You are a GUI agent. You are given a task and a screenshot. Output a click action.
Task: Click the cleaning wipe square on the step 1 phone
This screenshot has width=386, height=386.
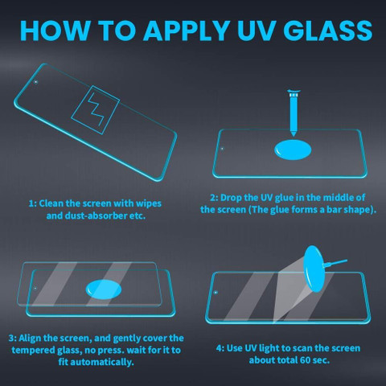click(95, 110)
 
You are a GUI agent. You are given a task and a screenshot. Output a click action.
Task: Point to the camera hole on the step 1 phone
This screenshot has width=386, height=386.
click(36, 82)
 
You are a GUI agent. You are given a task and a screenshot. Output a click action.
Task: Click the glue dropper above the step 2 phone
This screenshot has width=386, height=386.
click(294, 113)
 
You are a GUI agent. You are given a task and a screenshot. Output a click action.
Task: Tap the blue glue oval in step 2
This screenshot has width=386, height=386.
click(293, 150)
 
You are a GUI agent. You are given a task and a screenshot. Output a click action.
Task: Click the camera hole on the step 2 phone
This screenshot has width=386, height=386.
click(222, 149)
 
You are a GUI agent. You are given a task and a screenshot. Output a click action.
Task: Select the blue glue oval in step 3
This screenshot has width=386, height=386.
click(104, 289)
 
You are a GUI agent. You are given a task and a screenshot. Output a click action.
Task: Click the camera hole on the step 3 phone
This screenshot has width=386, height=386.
click(35, 289)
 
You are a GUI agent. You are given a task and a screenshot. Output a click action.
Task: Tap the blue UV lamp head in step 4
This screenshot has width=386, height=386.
click(314, 269)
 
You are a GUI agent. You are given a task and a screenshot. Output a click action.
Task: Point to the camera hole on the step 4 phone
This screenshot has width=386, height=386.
click(216, 293)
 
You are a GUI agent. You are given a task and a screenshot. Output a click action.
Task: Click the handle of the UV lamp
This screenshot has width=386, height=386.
click(335, 262)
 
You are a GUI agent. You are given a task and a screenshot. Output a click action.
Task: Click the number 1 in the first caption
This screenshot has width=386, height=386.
click(31, 203)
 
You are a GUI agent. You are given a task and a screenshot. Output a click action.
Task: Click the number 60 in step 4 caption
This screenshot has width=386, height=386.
click(305, 360)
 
